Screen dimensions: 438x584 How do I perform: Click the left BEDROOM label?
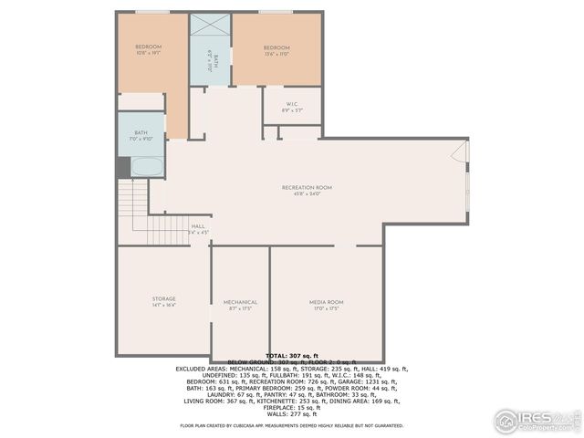[x=148, y=47]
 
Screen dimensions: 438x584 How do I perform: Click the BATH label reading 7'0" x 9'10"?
[x=141, y=136]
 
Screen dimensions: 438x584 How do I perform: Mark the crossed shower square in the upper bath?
[x=210, y=26]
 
